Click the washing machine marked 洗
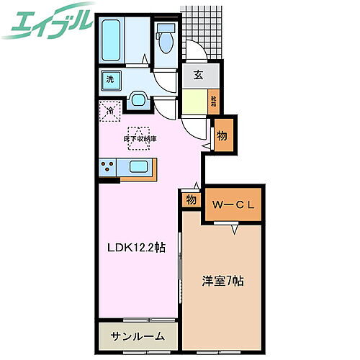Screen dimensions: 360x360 [111, 80]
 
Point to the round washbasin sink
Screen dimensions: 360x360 [138, 99]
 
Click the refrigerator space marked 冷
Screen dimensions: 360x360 [109, 111]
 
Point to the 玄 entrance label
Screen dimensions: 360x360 [197, 75]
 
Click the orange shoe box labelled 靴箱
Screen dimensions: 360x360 [215, 99]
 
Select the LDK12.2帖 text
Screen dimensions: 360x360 [136, 247]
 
